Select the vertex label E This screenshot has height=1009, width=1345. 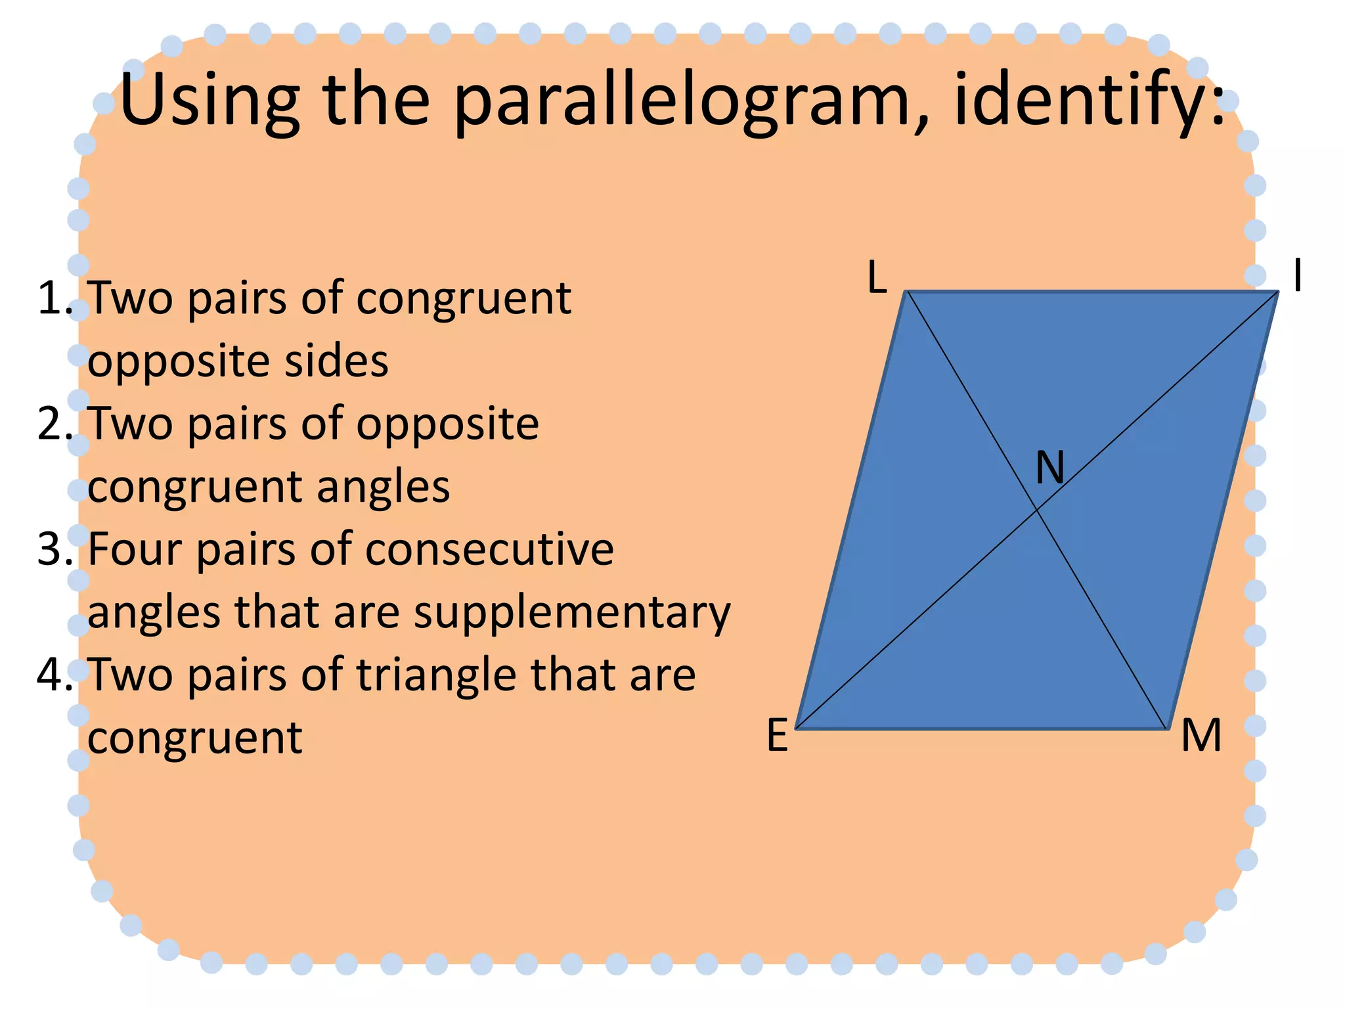[x=778, y=735]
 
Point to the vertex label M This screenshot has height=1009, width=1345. [x=1201, y=735]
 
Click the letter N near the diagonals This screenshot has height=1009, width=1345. [x=1049, y=468]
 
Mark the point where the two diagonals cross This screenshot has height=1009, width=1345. [x=1037, y=510]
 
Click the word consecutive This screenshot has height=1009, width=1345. [x=489, y=549]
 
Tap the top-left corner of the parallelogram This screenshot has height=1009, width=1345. [x=907, y=292]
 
